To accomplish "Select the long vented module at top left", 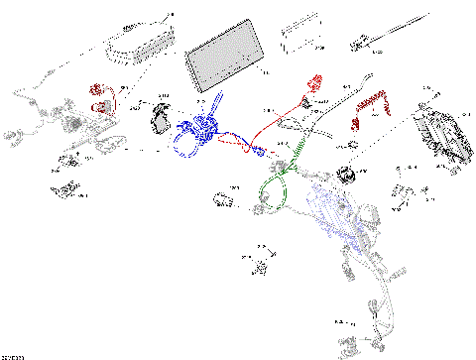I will [x=138, y=43].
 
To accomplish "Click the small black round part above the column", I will [x=347, y=176].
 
